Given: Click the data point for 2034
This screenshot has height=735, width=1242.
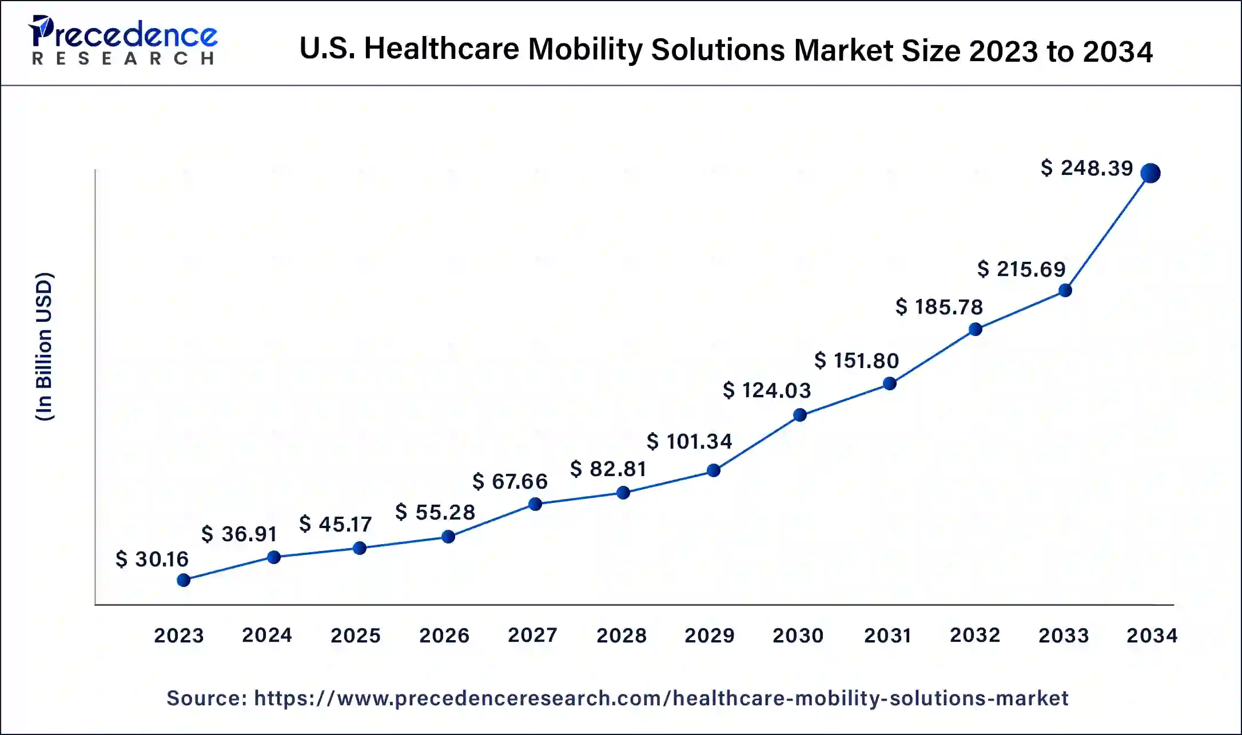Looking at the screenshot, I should click(1150, 173).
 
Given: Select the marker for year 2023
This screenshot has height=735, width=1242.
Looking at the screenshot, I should click(184, 580).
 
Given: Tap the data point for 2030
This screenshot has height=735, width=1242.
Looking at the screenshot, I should click(800, 415).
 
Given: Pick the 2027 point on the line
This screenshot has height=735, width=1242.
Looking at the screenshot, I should click(535, 504).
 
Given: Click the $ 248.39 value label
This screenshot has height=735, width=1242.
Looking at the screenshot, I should click(1086, 168).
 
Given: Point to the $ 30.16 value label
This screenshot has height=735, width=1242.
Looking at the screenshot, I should click(152, 559).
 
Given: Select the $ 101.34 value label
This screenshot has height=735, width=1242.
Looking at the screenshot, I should click(689, 441).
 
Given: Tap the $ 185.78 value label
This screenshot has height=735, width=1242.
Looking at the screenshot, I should click(939, 307).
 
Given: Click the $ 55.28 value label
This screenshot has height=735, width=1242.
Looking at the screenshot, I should click(435, 512).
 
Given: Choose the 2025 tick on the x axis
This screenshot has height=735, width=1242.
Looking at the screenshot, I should click(355, 635).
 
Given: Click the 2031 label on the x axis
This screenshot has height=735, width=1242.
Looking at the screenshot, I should click(887, 635).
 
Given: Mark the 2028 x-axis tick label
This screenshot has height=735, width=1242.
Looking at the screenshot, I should click(621, 635).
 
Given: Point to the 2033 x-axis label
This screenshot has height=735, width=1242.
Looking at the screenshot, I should click(1064, 635).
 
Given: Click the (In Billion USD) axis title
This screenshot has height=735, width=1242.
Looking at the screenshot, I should click(45, 346).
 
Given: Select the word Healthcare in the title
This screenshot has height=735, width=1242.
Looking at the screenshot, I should click(441, 49).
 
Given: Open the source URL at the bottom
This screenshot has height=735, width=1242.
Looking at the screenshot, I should click(661, 698).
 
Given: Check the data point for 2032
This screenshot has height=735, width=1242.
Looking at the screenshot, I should click(976, 329).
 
